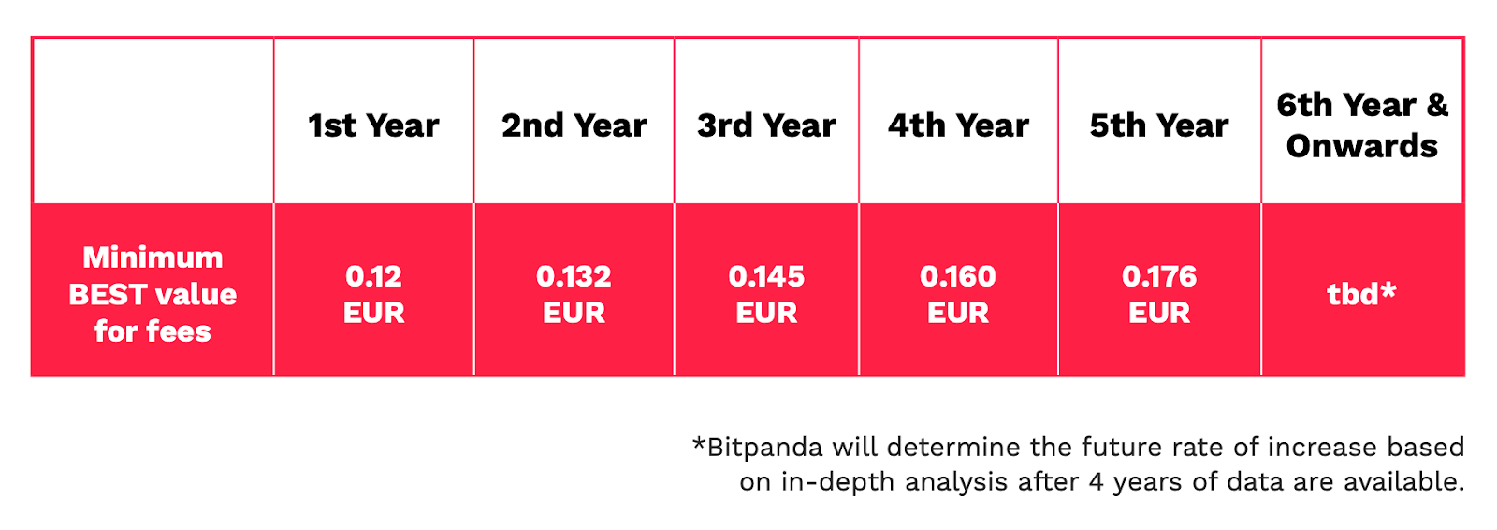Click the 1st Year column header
point(373,125)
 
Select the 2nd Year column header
point(574,125)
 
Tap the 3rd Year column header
point(766,125)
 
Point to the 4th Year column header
point(958,125)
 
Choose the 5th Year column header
point(1159,125)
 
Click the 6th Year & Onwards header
point(1362,125)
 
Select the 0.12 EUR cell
point(373,294)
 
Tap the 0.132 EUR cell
point(574,294)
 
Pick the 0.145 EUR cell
point(766,294)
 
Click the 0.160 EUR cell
point(958,294)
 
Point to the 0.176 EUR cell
point(1159,294)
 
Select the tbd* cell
point(1361,293)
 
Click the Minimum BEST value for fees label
point(153,294)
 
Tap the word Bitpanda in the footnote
point(764,449)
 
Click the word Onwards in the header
point(1362,146)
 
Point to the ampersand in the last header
point(1437,105)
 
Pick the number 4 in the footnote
point(1096,482)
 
